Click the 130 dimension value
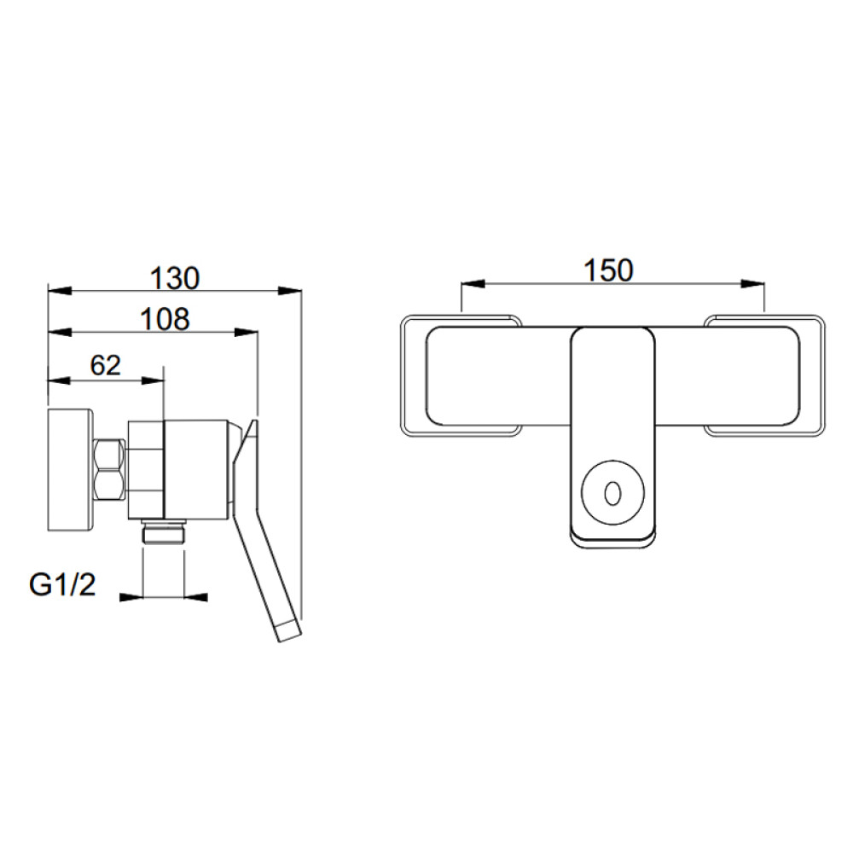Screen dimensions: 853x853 175,278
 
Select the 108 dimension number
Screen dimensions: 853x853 165,319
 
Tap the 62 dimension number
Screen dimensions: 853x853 106,365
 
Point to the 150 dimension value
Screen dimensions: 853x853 608,270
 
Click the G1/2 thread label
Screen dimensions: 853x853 62,585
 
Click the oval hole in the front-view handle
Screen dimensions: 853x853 613,493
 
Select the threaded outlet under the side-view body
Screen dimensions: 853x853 164,531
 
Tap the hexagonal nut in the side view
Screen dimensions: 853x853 109,469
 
